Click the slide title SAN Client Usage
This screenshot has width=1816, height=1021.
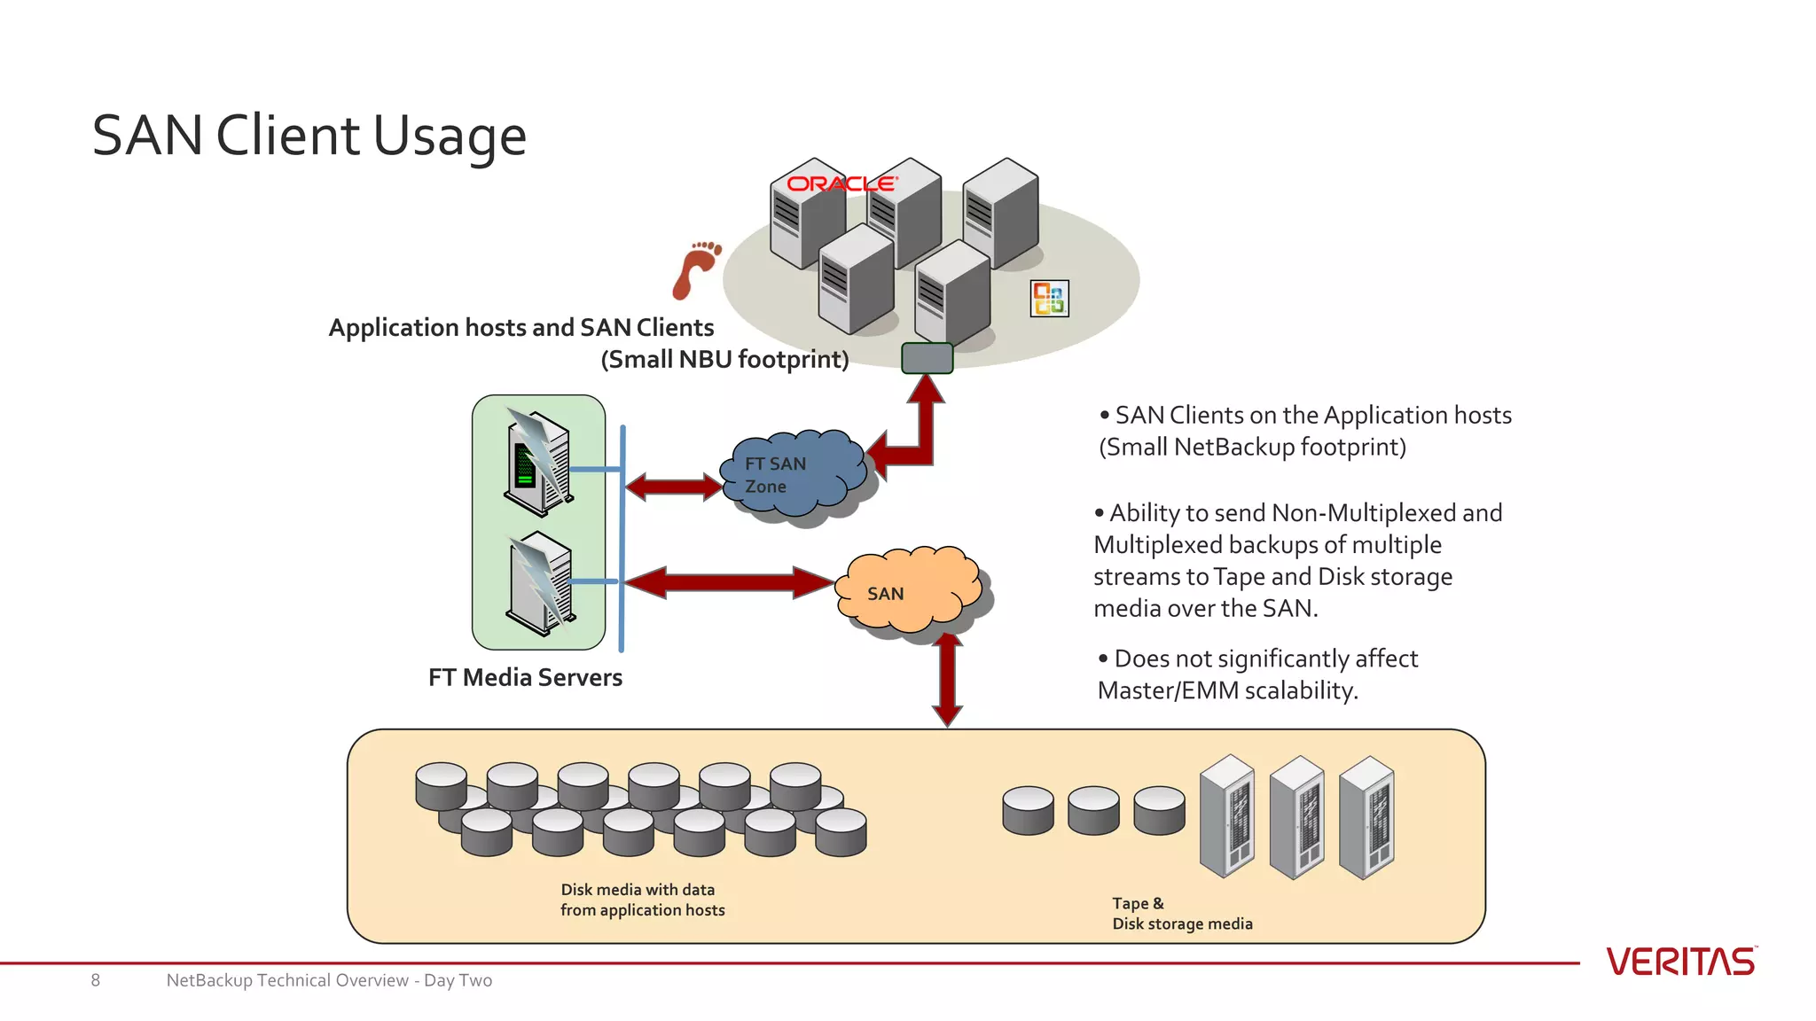coord(309,136)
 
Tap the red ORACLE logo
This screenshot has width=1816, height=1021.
coord(841,183)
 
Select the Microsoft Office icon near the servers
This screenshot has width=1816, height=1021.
coord(1049,299)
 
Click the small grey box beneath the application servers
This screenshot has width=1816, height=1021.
coord(927,358)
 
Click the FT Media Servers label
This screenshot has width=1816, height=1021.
coord(525,677)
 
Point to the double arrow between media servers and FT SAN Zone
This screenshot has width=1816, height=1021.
coord(674,486)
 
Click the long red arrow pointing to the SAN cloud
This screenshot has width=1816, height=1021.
coord(727,582)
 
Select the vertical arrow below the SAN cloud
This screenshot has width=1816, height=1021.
coord(947,679)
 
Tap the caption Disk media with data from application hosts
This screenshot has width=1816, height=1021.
coord(642,900)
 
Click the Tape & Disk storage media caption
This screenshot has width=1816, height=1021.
coord(1181,914)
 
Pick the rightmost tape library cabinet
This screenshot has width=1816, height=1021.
coord(1366,816)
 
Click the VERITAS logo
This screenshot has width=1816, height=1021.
coord(1680,962)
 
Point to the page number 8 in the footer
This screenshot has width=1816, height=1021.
coord(96,980)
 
